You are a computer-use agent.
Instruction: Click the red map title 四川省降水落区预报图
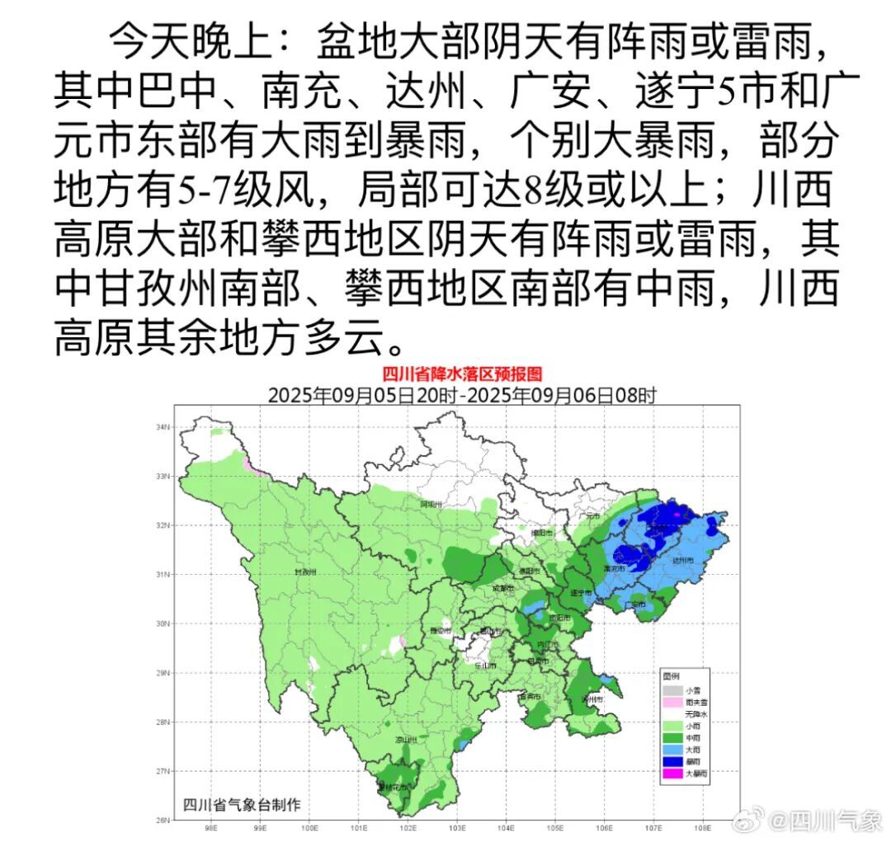pyautogui.click(x=462, y=375)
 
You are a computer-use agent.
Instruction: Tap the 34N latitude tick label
pyautogui.click(x=163, y=427)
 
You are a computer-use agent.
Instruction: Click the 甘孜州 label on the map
pyautogui.click(x=305, y=572)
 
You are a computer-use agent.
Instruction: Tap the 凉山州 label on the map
pyautogui.click(x=406, y=740)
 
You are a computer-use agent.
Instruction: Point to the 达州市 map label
pyautogui.click(x=681, y=561)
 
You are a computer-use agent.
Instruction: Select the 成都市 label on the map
pyautogui.click(x=502, y=589)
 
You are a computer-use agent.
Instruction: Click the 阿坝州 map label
pyautogui.click(x=431, y=504)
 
